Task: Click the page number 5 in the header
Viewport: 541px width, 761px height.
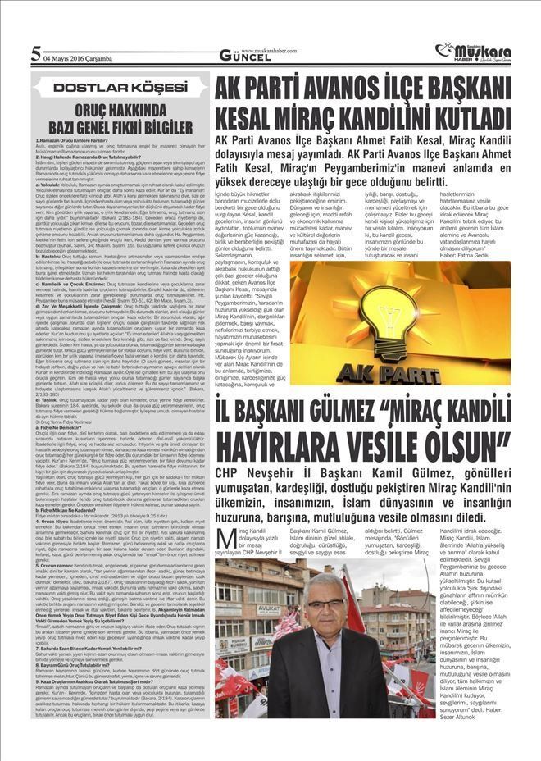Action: click(35, 55)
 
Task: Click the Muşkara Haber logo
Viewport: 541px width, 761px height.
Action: click(477, 52)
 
